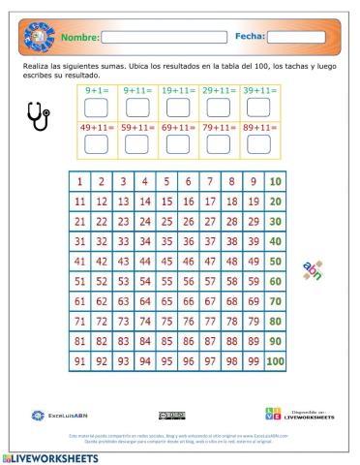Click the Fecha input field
click(295, 38)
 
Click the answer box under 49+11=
click(96, 144)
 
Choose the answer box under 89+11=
click(259, 144)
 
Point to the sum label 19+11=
click(177, 90)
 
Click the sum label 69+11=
click(177, 126)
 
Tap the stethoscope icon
click(38, 116)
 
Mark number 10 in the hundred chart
click(276, 181)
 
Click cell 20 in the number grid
click(276, 201)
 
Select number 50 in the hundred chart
click(276, 262)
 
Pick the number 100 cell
click(276, 361)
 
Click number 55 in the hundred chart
click(165, 281)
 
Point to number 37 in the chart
click(210, 241)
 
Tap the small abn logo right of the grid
click(312, 270)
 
